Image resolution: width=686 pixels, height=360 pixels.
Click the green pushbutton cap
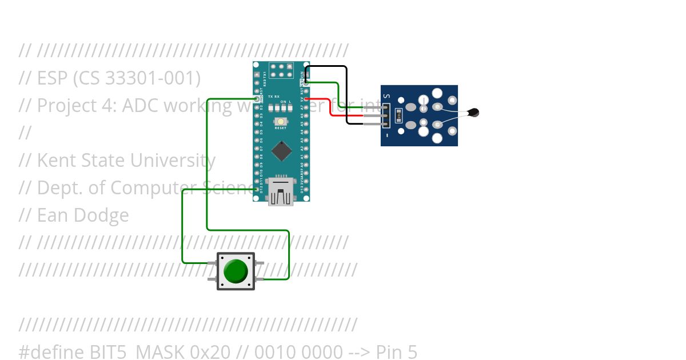point(235,271)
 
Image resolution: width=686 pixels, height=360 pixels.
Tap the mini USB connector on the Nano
point(281,191)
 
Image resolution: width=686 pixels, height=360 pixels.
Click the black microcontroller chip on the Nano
point(281,150)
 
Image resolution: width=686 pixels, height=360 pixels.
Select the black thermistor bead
point(473,113)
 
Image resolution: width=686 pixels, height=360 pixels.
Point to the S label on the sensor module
point(386,96)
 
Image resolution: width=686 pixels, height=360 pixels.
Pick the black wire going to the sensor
point(346,91)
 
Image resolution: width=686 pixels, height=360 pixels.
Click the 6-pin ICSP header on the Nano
point(281,71)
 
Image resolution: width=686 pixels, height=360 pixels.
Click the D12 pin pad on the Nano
point(257,189)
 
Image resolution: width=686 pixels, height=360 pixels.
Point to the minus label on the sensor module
point(386,136)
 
